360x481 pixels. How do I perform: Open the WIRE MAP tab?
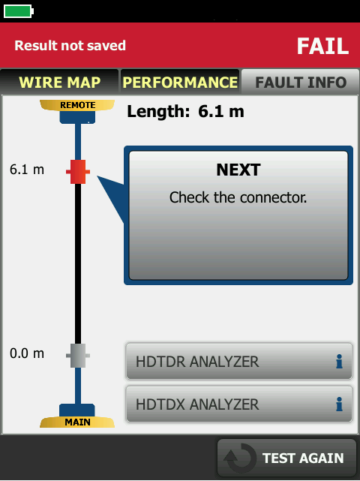pyautogui.click(x=59, y=82)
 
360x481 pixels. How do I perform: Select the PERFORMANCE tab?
pyautogui.click(x=180, y=82)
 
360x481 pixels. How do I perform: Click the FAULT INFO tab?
pyautogui.click(x=301, y=82)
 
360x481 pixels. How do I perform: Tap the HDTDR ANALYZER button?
pyautogui.click(x=239, y=362)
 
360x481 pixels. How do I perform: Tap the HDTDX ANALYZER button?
pyautogui.click(x=239, y=404)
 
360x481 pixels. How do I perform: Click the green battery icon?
pyautogui.click(x=19, y=11)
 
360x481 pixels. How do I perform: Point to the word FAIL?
pyautogui.click(x=322, y=47)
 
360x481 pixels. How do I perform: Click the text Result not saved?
pyautogui.click(x=70, y=46)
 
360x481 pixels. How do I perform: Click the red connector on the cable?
pyautogui.click(x=78, y=172)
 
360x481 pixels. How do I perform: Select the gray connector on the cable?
pyautogui.click(x=78, y=356)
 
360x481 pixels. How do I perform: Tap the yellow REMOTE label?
pyautogui.click(x=77, y=105)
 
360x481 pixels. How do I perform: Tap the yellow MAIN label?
pyautogui.click(x=77, y=422)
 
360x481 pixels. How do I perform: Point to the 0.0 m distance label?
pyautogui.click(x=27, y=353)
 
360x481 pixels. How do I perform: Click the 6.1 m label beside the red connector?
pyautogui.click(x=27, y=170)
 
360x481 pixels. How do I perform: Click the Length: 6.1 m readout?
pyautogui.click(x=185, y=111)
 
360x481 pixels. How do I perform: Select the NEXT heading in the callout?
pyautogui.click(x=238, y=170)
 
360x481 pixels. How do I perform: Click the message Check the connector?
pyautogui.click(x=238, y=197)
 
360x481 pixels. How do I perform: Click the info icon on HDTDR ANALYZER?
pyautogui.click(x=339, y=362)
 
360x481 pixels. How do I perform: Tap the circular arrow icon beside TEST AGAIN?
pyautogui.click(x=240, y=458)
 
